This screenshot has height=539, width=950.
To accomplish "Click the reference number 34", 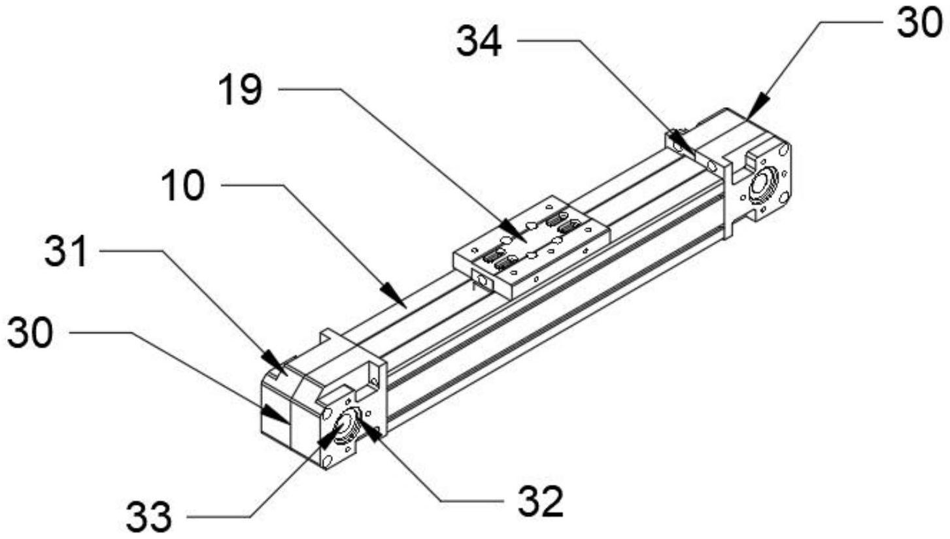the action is point(479,42).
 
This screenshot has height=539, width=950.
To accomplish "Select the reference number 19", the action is point(241,90).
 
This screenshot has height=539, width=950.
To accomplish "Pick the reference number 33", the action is point(149,517).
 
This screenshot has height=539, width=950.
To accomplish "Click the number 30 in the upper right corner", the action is point(919,22).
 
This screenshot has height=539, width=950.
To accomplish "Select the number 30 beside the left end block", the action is point(29,333).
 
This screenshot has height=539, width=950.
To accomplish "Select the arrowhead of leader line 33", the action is point(330,436).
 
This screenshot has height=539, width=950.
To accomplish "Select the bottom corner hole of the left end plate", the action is point(326,461).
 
